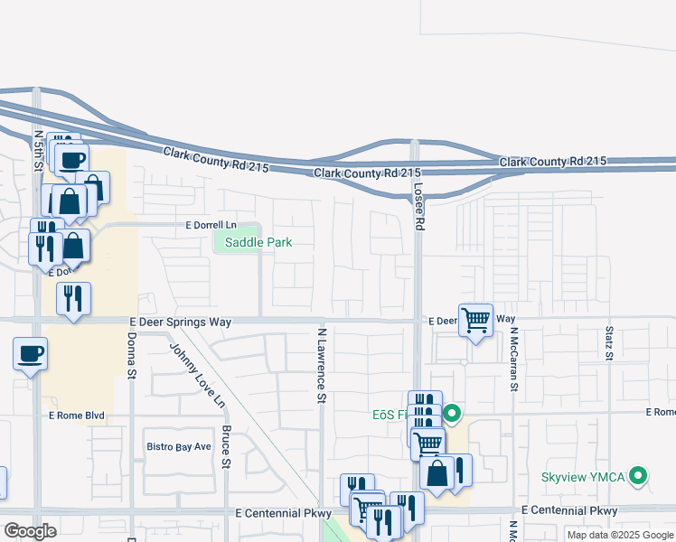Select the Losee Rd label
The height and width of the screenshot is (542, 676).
click(418, 206)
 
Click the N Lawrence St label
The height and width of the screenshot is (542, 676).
click(321, 365)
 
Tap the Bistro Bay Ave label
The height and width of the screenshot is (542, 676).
click(179, 446)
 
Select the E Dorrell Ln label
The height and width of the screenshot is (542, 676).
click(211, 224)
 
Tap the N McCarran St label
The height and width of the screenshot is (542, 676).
click(512, 360)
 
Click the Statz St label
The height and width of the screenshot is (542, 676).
click(609, 344)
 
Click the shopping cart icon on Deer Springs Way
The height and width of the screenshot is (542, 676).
click(475, 320)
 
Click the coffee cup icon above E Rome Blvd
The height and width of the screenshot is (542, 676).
click(30, 353)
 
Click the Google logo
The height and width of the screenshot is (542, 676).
click(30, 531)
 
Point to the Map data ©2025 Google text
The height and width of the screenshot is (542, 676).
click(620, 535)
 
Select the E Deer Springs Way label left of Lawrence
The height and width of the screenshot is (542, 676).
click(181, 322)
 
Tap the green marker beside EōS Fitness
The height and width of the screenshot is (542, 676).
click(453, 415)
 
